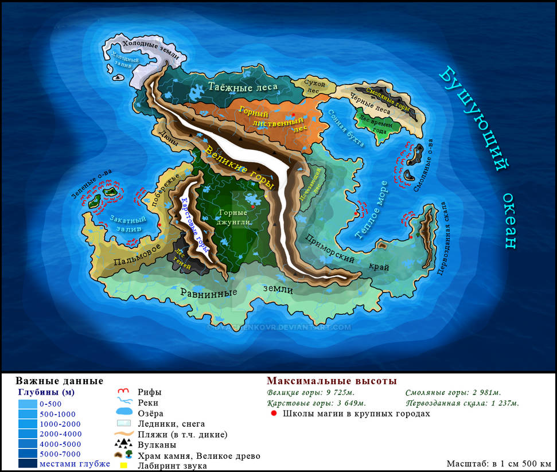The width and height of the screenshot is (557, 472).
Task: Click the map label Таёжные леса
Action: click(x=243, y=87)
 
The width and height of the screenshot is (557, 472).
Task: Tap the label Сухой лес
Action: click(x=315, y=87)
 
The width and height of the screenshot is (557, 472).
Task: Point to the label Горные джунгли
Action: click(x=233, y=217)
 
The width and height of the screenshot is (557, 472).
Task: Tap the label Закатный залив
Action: click(x=127, y=223)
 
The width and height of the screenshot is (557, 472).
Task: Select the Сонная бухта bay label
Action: click(x=346, y=128)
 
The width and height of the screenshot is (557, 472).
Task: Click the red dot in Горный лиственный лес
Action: click(x=293, y=114)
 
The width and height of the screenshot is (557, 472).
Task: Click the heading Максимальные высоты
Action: click(x=332, y=381)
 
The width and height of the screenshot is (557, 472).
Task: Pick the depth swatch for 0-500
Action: click(x=27, y=404)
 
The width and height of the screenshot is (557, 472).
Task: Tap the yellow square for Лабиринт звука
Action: click(x=123, y=466)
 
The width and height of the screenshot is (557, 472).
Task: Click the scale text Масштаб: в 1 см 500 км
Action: click(x=498, y=463)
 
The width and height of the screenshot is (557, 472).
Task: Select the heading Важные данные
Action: click(x=59, y=381)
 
